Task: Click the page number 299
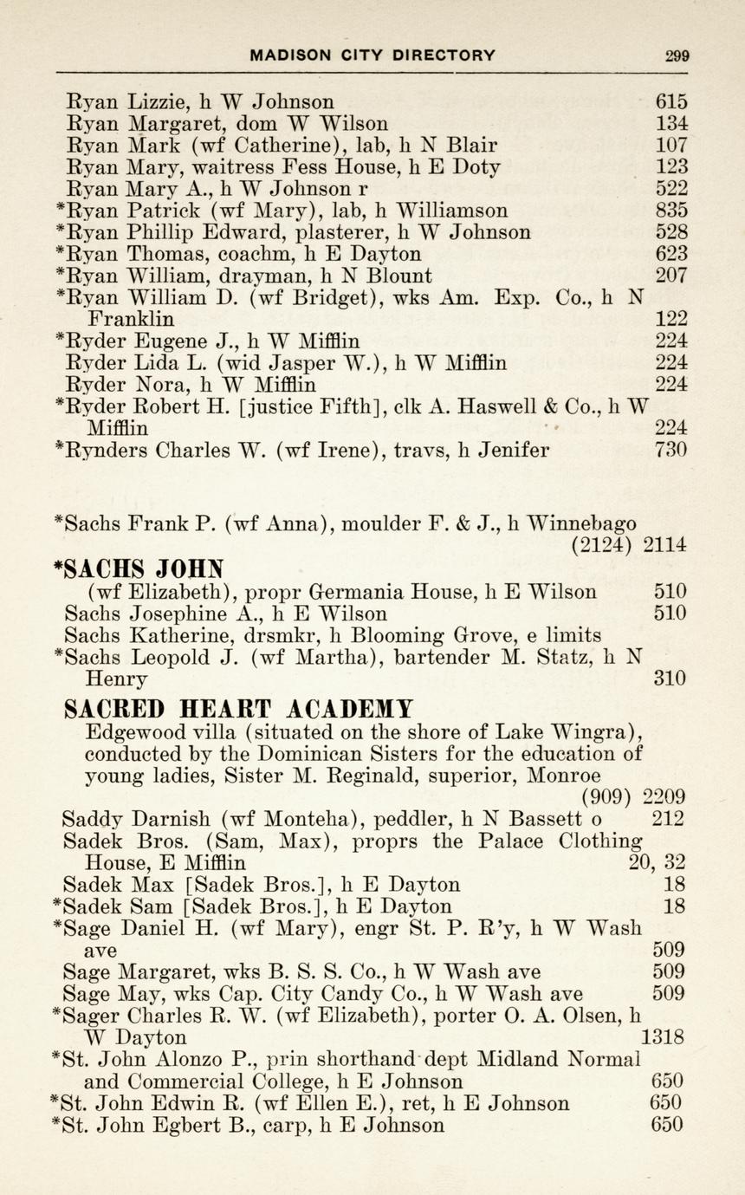point(677,55)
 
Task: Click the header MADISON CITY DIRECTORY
point(372,55)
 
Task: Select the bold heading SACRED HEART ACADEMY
point(239,709)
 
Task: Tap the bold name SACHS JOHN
point(139,568)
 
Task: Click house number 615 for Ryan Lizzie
point(671,101)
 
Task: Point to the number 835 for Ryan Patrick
point(671,210)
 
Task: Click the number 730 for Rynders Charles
point(671,450)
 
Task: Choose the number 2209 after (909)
point(664,796)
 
